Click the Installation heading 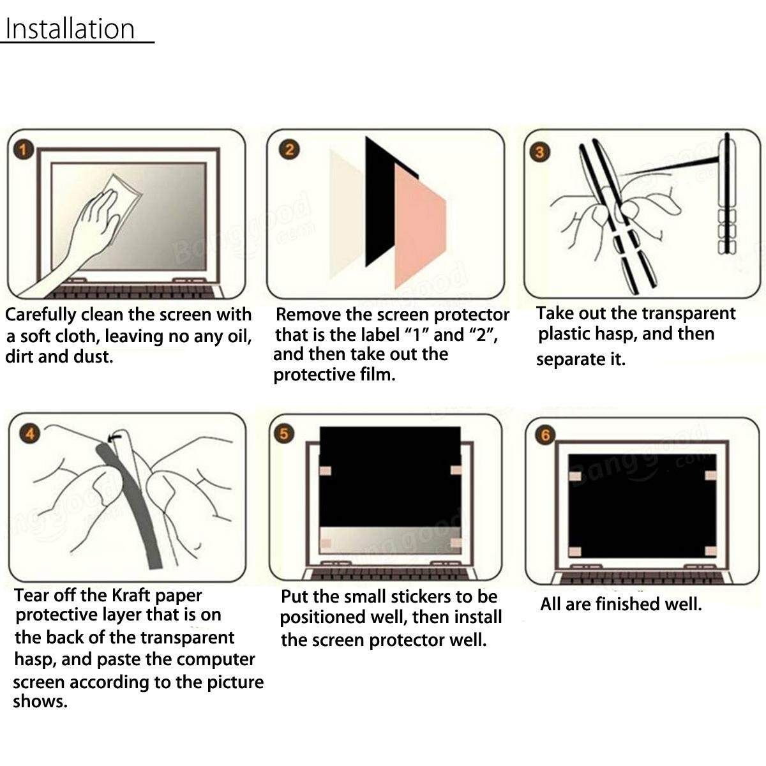[70, 29]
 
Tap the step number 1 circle [24, 150]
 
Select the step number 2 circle [289, 150]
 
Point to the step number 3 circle [540, 153]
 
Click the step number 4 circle [30, 433]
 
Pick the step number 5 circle [284, 433]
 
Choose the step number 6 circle [545, 435]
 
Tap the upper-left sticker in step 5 [325, 471]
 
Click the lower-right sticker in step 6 [710, 551]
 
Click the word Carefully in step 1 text [41, 315]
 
